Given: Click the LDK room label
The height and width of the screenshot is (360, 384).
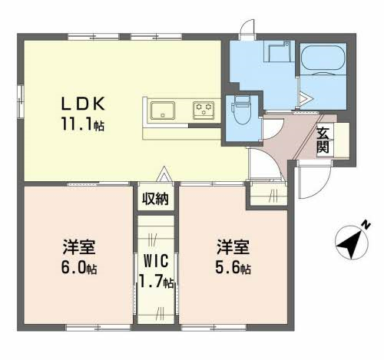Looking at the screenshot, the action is (83, 104).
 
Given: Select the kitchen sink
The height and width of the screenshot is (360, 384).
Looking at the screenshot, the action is (163, 111).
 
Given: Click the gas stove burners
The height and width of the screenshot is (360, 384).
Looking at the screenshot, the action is (204, 111).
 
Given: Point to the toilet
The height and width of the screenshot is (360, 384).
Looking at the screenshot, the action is (240, 110).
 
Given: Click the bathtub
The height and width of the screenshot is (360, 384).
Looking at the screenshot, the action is (323, 60).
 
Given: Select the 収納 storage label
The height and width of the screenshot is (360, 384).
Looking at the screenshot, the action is (155, 199).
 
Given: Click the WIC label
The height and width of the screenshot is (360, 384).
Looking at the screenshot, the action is (156, 261).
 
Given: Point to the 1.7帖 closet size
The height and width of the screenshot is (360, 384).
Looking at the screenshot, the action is (156, 282).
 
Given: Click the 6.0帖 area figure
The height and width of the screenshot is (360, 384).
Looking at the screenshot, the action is (79, 268).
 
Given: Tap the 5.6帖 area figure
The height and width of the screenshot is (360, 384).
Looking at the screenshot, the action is (233, 268).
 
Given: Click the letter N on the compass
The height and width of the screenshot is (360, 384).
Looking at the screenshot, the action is (366, 225).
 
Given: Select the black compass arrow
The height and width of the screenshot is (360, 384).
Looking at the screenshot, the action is (350, 244).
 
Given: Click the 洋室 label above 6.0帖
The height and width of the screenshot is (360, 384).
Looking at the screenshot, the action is (79, 246).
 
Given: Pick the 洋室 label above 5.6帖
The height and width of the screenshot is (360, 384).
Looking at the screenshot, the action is (233, 246).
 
